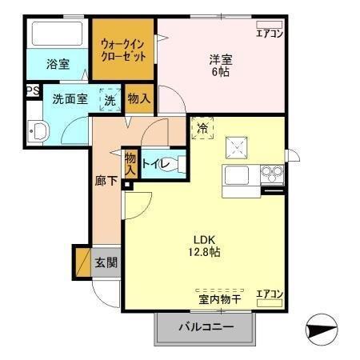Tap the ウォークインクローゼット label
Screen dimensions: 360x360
tap(123, 50)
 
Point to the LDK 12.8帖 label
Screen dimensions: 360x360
tap(206, 245)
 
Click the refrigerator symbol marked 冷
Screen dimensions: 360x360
tap(202, 127)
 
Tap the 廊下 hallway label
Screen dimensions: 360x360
tap(106, 181)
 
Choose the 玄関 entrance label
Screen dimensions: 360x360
tap(106, 262)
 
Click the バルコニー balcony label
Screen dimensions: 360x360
tap(206, 327)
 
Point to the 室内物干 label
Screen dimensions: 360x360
tap(221, 300)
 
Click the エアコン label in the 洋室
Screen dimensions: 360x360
tap(270, 33)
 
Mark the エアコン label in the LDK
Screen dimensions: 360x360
tap(270, 294)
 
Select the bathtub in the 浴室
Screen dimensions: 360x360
tap(57, 34)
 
